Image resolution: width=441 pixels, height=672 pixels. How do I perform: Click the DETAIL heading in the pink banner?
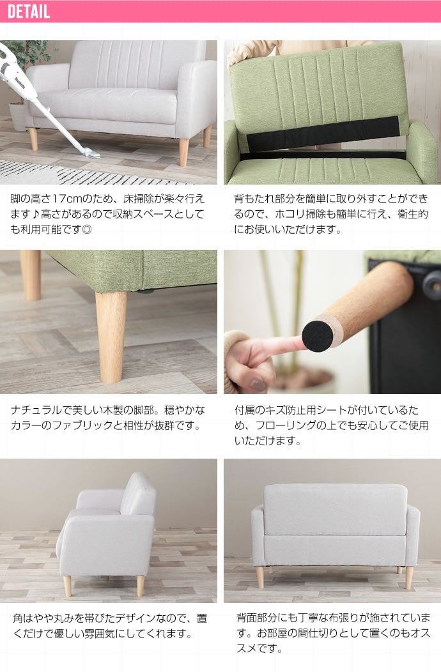[x=29, y=11]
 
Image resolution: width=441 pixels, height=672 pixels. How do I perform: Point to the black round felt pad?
[x=318, y=332]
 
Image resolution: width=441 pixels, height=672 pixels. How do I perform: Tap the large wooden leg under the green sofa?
[x=111, y=337]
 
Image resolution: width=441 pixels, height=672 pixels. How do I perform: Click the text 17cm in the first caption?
[x=65, y=199]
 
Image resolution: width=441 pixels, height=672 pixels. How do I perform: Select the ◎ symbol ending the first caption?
[x=87, y=229]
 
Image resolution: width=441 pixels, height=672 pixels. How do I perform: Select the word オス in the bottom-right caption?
[x=420, y=633]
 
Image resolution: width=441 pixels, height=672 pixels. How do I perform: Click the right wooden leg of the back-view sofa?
[x=409, y=577]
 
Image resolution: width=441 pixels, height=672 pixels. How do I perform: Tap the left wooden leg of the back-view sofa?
[x=260, y=576]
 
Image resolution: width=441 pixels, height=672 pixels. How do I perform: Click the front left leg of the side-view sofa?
[x=67, y=586]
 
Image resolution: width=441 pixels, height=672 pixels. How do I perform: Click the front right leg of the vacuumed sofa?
[x=183, y=152]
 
